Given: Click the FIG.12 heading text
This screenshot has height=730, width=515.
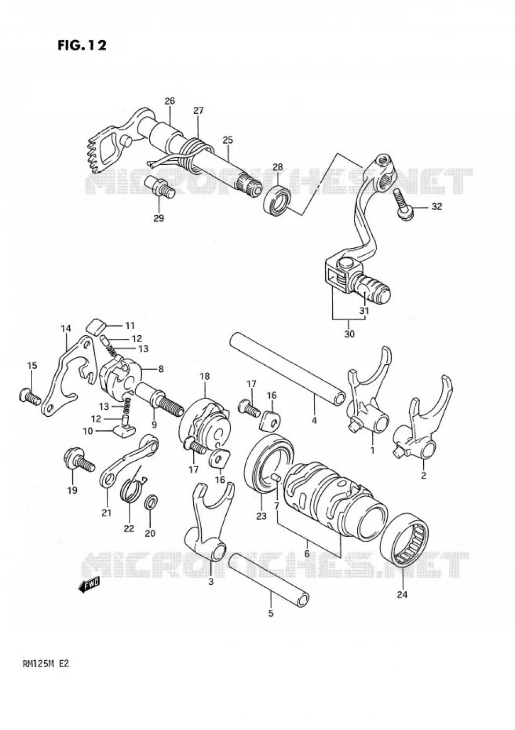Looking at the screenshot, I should pos(82,45).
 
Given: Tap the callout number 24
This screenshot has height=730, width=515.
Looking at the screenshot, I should pos(402,594).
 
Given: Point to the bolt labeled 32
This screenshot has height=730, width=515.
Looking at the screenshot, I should pos(402,206).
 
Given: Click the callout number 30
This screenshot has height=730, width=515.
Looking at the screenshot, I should pos(349,334).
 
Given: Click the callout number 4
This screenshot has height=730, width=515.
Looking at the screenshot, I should pos(314,420).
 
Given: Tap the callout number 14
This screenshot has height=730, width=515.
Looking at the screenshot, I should pos(65,328).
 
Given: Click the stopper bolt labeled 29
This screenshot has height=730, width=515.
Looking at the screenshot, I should pos(159,188).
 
